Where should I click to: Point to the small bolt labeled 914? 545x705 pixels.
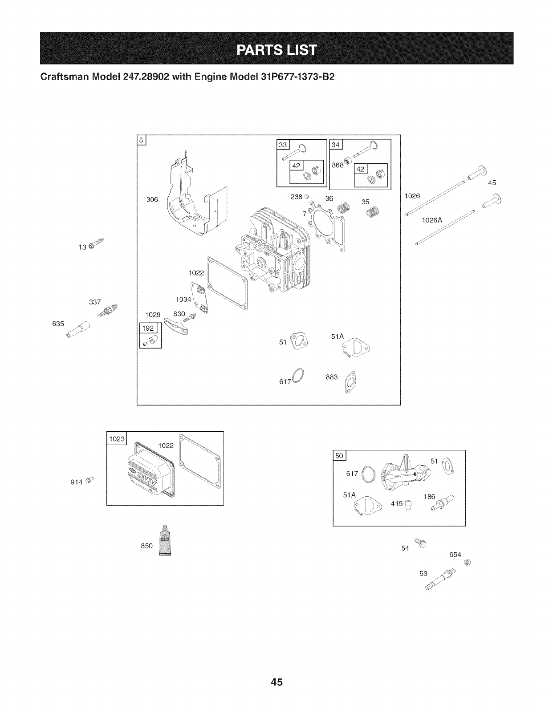pos(89,480)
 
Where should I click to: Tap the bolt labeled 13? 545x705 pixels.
pos(97,243)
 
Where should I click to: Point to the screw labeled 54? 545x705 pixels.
pos(420,543)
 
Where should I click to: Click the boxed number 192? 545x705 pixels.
pos(147,329)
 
